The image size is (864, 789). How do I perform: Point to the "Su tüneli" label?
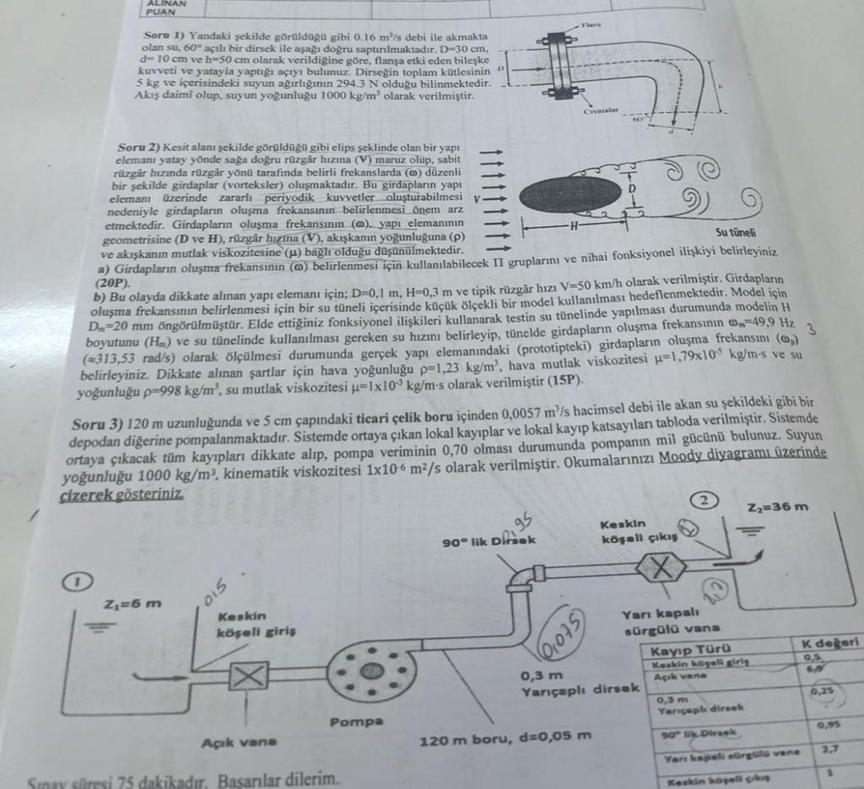[x=735, y=232]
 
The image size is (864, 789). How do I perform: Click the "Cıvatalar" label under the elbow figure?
[x=602, y=111]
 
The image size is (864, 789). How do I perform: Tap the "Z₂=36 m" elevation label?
[x=777, y=506]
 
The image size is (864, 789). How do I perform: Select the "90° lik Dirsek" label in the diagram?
[x=489, y=540]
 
